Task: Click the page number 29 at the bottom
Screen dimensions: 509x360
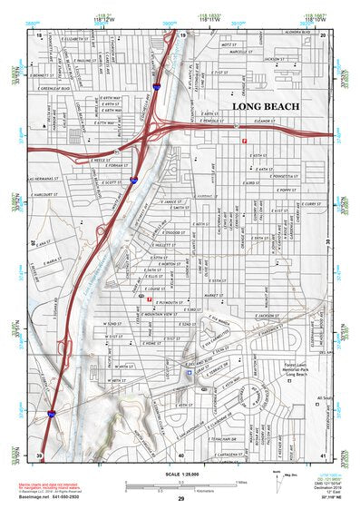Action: [x=180, y=499]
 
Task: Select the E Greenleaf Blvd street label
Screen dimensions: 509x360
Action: [x=56, y=88]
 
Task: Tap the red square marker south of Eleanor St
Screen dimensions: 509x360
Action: [x=242, y=140]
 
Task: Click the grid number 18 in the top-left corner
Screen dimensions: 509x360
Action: [x=40, y=34]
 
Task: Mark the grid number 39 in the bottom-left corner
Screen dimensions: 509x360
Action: [x=40, y=454]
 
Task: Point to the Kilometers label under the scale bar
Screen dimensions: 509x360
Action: [x=180, y=488]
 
